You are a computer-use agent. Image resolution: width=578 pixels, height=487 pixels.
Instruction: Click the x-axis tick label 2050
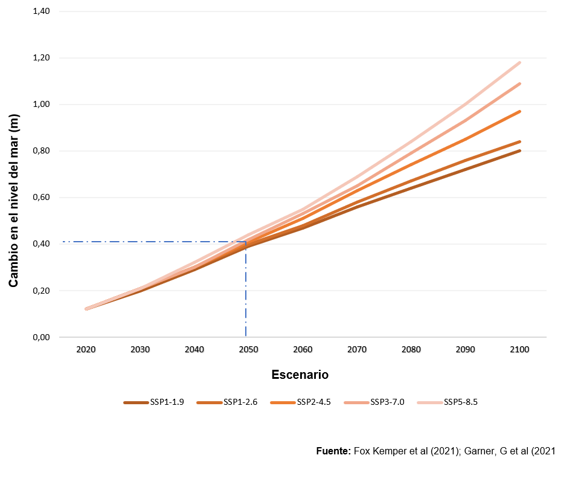[x=249, y=349]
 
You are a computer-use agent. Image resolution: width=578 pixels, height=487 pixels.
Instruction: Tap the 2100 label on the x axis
[x=519, y=349]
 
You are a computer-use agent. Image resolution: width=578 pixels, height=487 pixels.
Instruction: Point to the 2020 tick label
[x=86, y=349]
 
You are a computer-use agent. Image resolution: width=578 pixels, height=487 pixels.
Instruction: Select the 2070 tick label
[x=357, y=349]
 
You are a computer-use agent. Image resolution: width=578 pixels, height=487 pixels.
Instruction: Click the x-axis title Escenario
[x=300, y=375]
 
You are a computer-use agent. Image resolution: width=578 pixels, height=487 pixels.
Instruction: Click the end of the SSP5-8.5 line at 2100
[x=519, y=62]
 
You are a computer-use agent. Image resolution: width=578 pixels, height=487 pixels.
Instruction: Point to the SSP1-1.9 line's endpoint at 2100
[x=519, y=151]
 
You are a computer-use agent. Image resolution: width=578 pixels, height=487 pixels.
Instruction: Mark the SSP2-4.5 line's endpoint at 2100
[x=519, y=112]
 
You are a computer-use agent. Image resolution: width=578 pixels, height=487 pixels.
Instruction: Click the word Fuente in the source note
[x=333, y=451]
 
